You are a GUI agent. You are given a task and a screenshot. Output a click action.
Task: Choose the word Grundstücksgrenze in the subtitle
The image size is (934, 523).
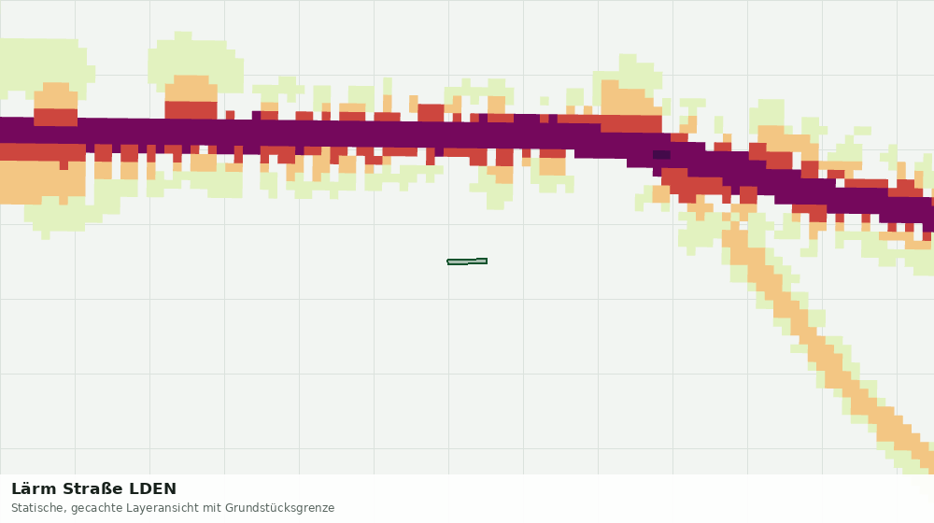point(279,509)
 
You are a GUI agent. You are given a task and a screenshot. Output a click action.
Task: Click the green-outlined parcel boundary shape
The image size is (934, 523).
point(467,261)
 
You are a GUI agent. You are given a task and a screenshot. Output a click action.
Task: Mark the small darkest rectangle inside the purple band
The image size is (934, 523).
point(661,155)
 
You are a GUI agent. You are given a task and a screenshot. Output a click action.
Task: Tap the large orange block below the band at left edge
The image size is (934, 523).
point(42,183)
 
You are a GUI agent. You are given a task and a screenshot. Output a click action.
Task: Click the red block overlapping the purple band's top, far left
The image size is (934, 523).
point(55,117)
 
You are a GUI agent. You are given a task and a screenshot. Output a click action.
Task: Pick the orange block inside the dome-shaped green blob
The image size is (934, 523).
point(191,88)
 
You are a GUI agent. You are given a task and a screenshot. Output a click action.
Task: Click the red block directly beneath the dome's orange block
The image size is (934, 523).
point(191,110)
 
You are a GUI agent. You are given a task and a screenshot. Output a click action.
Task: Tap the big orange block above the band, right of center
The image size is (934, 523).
point(629,98)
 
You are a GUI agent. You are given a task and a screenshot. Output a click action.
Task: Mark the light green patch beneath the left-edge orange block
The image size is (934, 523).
point(65,215)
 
